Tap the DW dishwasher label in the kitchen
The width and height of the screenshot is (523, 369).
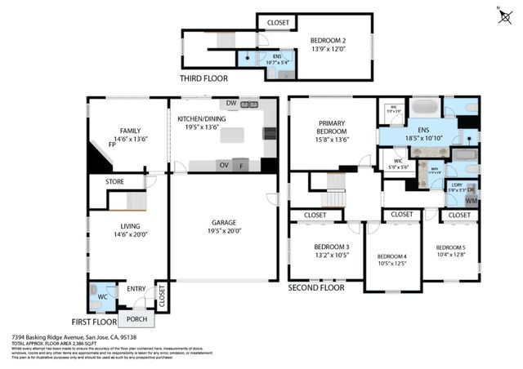click(x=231, y=104)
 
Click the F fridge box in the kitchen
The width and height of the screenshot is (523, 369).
click(x=241, y=165)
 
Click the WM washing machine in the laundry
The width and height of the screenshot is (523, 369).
click(x=472, y=200)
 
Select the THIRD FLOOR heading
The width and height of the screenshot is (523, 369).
click(x=203, y=78)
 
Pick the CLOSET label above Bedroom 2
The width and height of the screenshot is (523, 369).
click(x=277, y=22)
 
